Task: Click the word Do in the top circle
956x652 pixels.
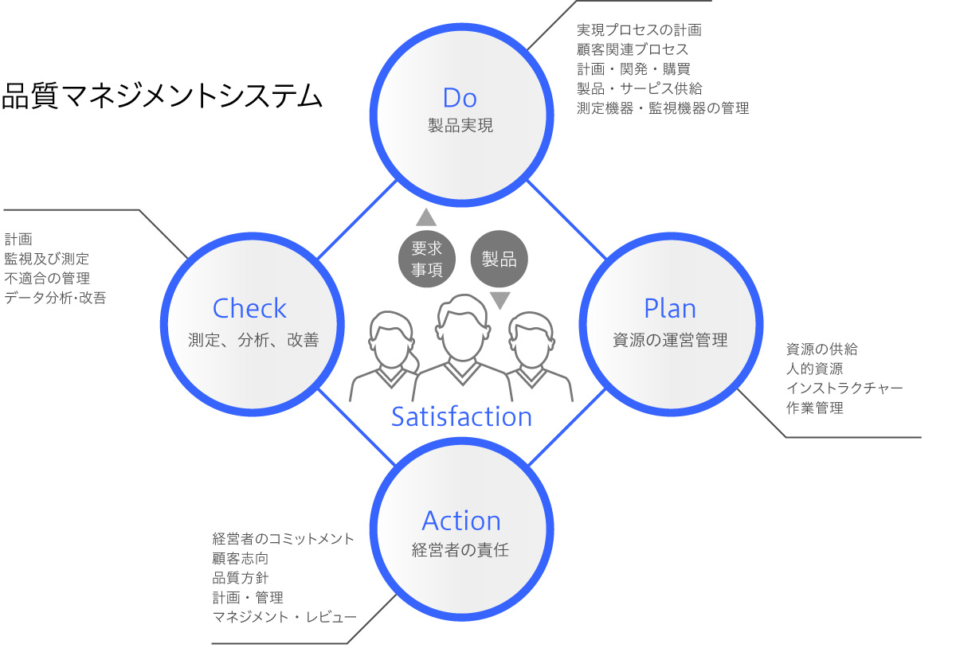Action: pos(460,98)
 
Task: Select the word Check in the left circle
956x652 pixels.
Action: pos(249,309)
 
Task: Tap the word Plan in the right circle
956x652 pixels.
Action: pos(669,309)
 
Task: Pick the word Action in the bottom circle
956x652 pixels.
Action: pos(461,521)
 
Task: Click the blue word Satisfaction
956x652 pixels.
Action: pos(461,416)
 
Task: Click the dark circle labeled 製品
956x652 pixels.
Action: pos(500,259)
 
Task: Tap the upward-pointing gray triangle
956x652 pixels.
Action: pos(426,217)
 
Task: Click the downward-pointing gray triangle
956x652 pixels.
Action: pos(500,300)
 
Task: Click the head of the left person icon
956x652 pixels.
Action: pos(393,337)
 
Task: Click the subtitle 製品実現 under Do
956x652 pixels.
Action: pos(460,126)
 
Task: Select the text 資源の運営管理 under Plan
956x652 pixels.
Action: pos(670,340)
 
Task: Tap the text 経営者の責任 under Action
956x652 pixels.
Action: pos(460,549)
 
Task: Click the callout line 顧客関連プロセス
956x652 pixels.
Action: pos(633,49)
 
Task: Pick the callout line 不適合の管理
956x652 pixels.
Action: pos(47,278)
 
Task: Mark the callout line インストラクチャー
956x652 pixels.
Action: pos(844,388)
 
